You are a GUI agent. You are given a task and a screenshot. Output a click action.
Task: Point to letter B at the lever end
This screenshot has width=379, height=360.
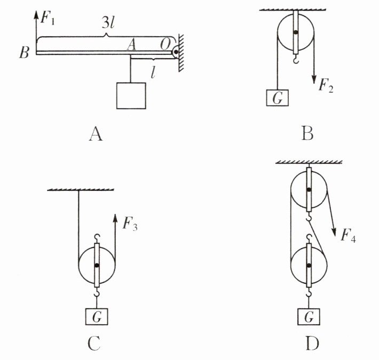[x=23, y=53]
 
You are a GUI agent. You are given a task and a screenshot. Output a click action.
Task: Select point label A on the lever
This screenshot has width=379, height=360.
[x=131, y=45]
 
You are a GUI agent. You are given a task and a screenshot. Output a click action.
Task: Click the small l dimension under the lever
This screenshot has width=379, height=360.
[x=153, y=73]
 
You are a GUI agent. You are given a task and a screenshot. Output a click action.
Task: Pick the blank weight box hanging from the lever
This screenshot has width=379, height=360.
[x=131, y=96]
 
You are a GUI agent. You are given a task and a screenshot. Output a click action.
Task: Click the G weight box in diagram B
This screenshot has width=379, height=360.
[x=277, y=98]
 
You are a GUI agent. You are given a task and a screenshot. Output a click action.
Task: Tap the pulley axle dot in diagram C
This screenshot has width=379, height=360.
[x=97, y=265]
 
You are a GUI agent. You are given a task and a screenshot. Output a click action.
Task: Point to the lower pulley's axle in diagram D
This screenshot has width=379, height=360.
[x=309, y=265]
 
